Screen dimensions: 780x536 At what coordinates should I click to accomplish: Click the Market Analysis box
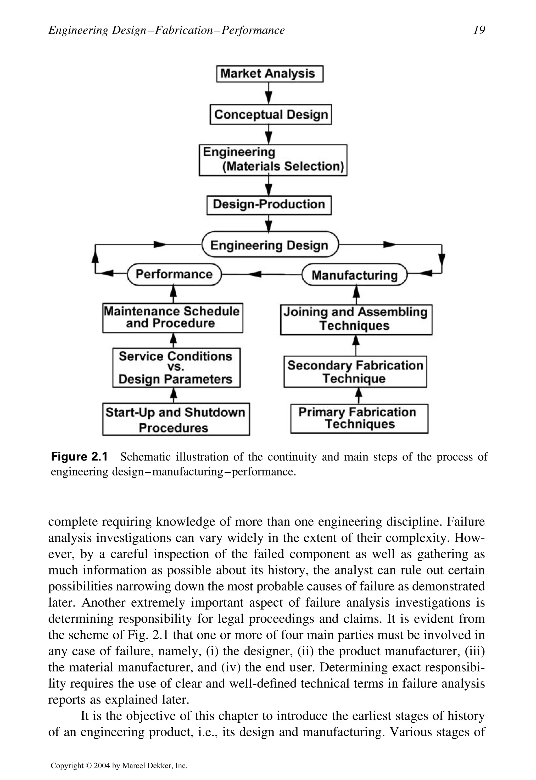point(269,74)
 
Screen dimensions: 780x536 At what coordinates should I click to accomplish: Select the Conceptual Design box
point(271,114)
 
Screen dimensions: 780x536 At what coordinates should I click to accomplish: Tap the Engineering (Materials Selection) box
point(273,160)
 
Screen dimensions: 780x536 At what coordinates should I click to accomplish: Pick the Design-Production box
point(269,205)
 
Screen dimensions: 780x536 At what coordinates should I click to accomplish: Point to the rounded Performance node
point(174,274)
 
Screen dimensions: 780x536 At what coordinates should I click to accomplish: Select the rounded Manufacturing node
point(354,275)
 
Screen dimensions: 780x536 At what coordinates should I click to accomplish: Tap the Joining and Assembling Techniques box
point(356,319)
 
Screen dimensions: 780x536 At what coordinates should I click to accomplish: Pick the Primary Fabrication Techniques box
point(359,419)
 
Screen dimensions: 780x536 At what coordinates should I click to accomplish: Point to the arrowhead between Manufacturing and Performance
point(255,274)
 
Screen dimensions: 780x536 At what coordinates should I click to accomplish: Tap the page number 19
point(479,30)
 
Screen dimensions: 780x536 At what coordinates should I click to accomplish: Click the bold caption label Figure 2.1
point(79,457)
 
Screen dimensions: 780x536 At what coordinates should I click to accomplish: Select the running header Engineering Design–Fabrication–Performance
point(166,30)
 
